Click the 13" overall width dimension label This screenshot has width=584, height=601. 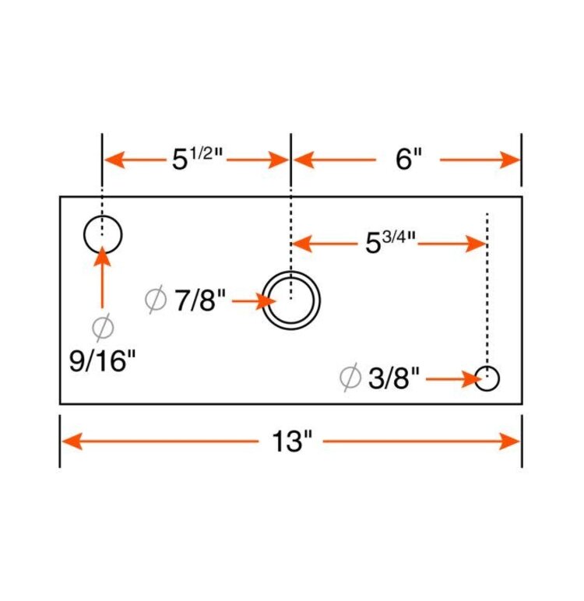pyautogui.click(x=291, y=442)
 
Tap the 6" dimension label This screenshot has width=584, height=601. pyautogui.click(x=408, y=160)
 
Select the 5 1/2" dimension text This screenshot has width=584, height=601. pyautogui.click(x=198, y=159)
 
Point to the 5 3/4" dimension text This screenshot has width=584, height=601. pyautogui.click(x=390, y=243)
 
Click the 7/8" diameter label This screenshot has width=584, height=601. pyautogui.click(x=200, y=299)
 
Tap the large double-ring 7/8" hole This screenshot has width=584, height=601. pyautogui.click(x=290, y=300)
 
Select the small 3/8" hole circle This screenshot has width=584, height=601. pyautogui.click(x=487, y=379)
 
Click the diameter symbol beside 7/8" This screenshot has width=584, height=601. pyautogui.click(x=156, y=299)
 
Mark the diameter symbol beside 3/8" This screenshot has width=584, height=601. pyautogui.click(x=350, y=378)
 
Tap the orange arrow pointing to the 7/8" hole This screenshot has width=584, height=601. pyautogui.click(x=254, y=300)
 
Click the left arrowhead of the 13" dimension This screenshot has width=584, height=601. pyautogui.click(x=71, y=442)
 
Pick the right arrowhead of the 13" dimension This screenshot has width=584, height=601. pyautogui.click(x=511, y=442)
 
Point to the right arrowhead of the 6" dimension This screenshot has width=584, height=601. pyautogui.click(x=511, y=160)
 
